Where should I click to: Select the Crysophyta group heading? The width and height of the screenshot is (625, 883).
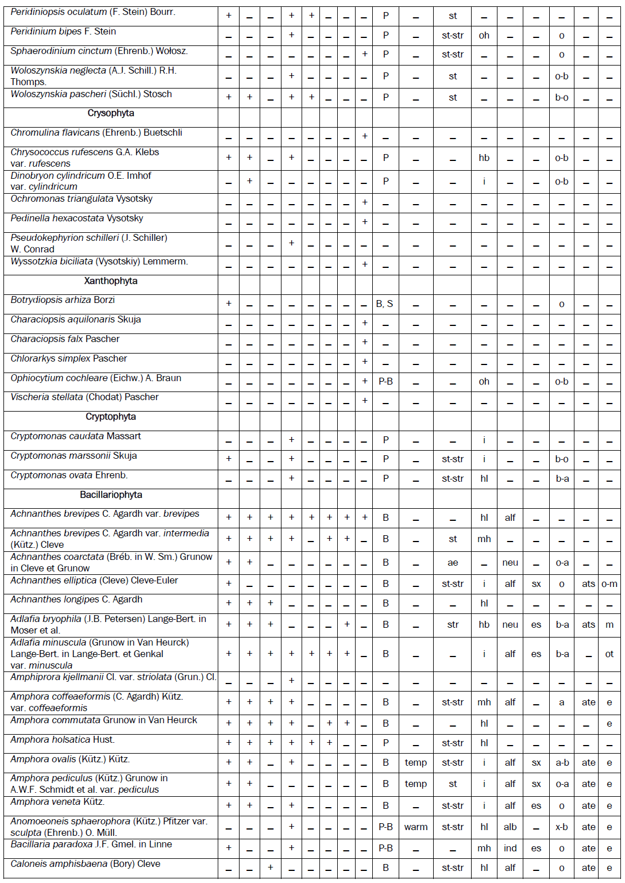111,113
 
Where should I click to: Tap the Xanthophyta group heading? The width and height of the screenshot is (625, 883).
111,281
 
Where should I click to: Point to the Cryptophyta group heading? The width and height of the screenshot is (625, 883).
111,417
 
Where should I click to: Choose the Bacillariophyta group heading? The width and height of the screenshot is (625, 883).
111,495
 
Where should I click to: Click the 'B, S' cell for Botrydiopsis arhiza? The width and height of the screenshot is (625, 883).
385,304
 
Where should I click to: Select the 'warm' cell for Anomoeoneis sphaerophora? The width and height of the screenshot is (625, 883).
416,827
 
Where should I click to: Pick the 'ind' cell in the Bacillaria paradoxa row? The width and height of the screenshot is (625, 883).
510,849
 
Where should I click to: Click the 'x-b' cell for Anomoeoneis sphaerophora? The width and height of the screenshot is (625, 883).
562,827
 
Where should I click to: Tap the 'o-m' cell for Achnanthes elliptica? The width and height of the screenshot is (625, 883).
609,584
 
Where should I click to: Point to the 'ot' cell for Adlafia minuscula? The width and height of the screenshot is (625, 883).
609,654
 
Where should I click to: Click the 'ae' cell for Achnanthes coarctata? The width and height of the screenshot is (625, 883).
453,563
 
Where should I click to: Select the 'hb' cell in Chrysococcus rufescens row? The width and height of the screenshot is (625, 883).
484,158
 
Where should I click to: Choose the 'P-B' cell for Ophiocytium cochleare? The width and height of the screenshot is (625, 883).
385,382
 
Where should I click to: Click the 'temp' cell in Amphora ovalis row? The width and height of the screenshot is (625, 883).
416,763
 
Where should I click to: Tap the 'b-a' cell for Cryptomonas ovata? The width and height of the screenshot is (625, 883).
562,479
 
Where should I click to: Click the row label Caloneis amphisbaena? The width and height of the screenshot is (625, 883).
85,864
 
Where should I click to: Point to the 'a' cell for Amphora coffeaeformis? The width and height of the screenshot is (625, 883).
562,702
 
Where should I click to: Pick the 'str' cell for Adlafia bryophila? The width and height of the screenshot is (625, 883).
453,625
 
